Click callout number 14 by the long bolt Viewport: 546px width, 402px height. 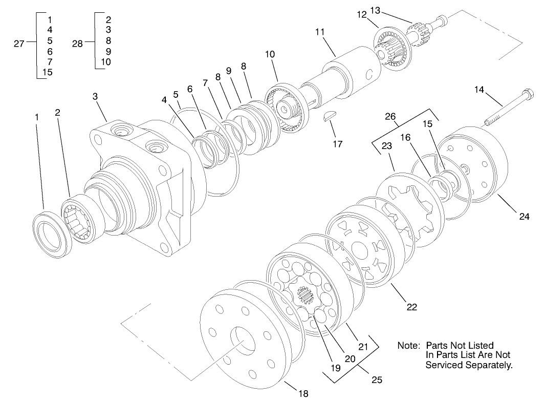coord(478,89)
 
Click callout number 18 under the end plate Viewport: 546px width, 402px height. coord(303,393)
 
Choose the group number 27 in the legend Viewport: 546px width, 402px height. coord(19,44)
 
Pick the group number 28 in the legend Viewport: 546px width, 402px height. coord(77,44)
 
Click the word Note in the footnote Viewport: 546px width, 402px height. coord(408,346)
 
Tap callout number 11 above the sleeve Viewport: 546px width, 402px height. coord(320,32)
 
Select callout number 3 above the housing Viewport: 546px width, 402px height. coord(95,96)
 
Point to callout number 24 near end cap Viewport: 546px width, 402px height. coord(524,216)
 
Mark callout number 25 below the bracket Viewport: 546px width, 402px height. coord(377,380)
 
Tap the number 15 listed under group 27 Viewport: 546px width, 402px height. coord(47,72)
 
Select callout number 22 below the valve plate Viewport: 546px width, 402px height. coord(411,307)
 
